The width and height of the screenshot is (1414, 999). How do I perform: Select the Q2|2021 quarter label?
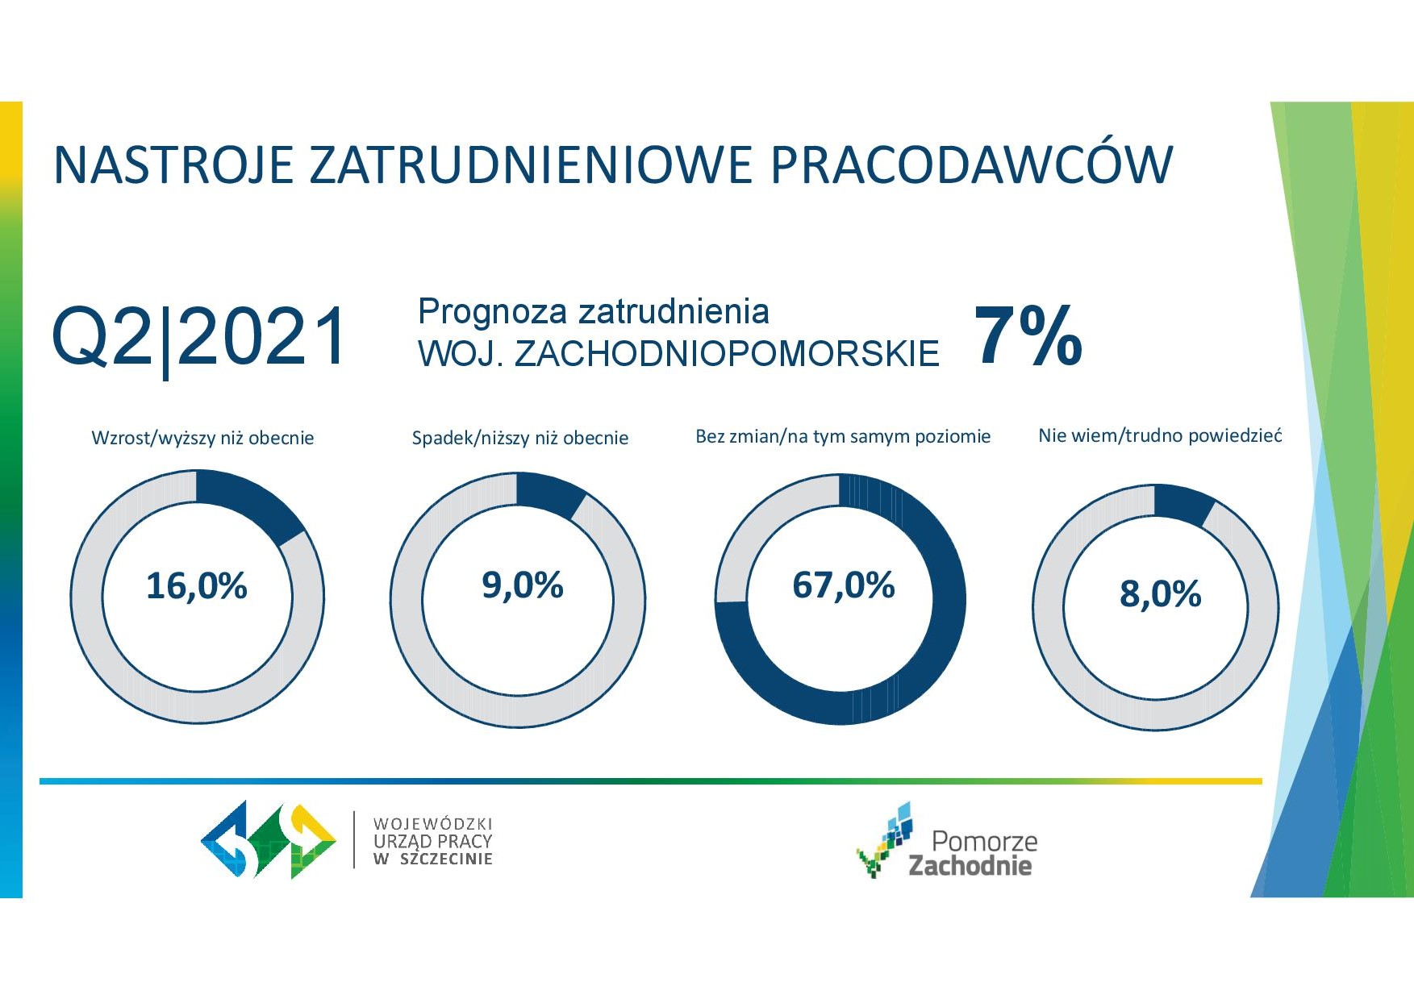tap(199, 338)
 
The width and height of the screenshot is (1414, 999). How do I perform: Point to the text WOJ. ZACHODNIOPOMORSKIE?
tap(678, 354)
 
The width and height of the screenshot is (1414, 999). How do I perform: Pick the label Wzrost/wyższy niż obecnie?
tap(202, 438)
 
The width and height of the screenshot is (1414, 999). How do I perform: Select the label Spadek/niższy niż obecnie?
tap(520, 438)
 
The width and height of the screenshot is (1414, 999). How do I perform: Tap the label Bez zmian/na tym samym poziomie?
tap(843, 436)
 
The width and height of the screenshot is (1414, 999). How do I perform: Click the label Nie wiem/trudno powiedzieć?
tap(1160, 435)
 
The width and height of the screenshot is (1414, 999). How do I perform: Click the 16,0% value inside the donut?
tap(197, 586)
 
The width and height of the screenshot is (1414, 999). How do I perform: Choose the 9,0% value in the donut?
tap(523, 585)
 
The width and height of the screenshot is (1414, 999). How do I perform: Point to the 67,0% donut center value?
tap(844, 585)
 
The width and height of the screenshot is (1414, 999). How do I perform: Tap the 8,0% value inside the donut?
tap(1161, 594)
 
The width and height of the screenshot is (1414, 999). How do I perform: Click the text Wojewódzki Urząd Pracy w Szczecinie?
tap(432, 841)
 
